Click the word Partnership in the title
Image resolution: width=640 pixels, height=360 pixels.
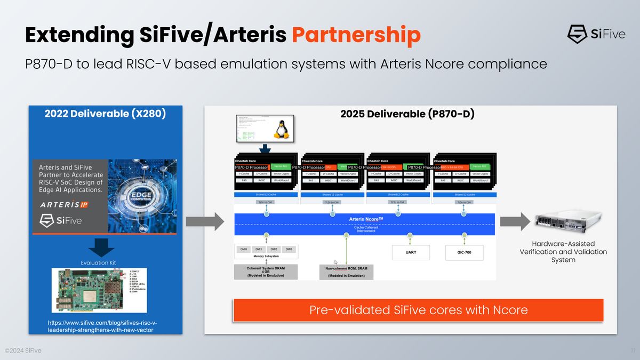pos(356,35)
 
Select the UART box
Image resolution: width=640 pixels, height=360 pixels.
pos(411,252)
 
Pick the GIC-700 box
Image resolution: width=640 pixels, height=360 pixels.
pos(464,252)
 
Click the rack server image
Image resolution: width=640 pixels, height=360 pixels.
pos(563,221)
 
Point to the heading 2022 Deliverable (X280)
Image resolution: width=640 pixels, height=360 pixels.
pos(105,114)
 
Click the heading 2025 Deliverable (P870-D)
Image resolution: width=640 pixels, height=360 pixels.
pos(407,114)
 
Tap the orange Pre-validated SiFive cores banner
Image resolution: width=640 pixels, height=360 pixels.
pos(418,310)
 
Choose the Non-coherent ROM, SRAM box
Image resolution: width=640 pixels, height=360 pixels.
pos(346,271)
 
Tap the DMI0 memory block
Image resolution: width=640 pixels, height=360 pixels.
pos(244,249)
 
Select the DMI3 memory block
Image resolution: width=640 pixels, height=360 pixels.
pos(289,249)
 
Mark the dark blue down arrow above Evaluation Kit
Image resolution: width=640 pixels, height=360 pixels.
pos(101,247)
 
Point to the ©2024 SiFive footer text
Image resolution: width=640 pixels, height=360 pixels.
pos(23,350)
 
